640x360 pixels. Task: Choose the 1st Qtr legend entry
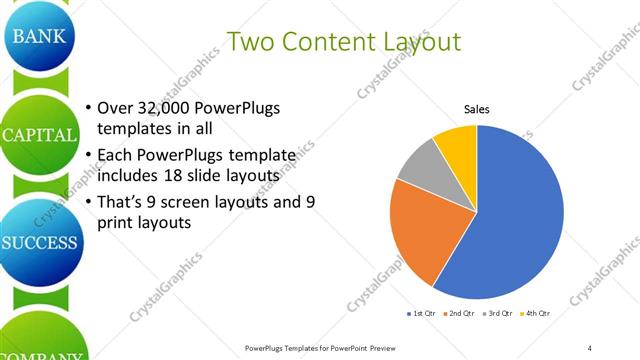point(423,314)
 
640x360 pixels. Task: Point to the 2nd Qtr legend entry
point(459,314)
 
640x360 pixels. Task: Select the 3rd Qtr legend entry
point(496,314)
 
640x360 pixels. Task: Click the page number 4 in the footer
point(590,348)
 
